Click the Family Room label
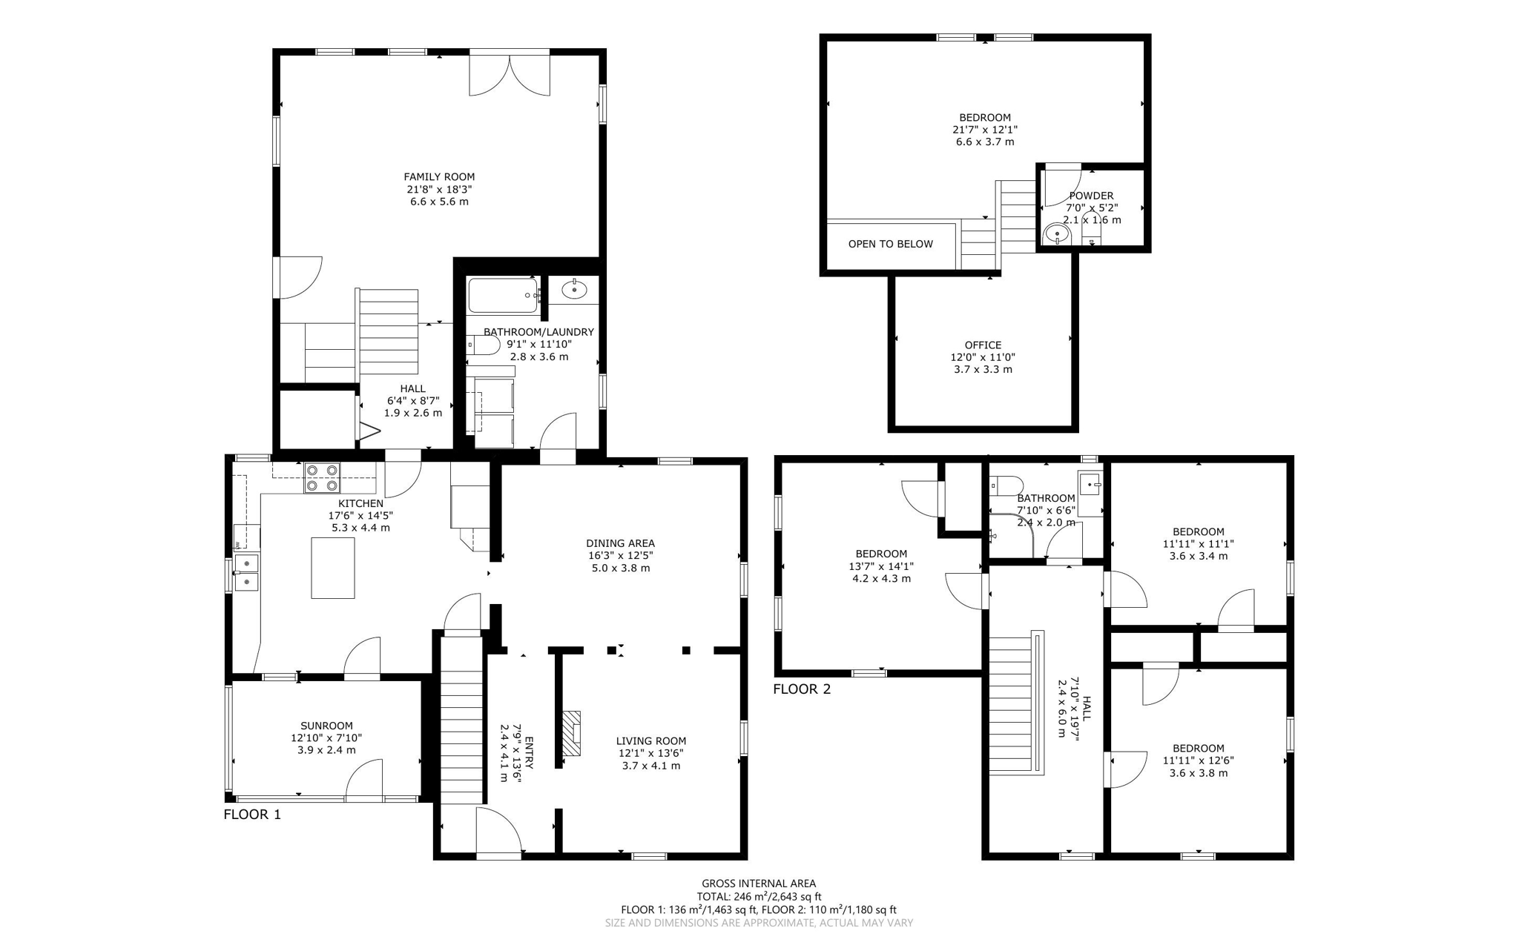(x=439, y=176)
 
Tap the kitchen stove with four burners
(x=322, y=477)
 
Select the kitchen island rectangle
(x=332, y=568)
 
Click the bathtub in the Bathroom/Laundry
(x=502, y=296)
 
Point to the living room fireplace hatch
(x=570, y=733)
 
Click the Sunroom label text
(x=326, y=726)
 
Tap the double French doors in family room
(x=510, y=73)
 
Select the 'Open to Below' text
(x=890, y=244)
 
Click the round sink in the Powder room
(x=1056, y=235)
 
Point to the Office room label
(x=983, y=345)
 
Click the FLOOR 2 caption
(x=802, y=689)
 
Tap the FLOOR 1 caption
(x=252, y=815)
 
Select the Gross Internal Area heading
(x=759, y=883)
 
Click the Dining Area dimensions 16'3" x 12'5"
(x=620, y=555)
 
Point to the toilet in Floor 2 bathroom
(x=1005, y=486)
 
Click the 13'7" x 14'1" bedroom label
(x=881, y=566)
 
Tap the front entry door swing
(x=498, y=832)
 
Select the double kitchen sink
(x=246, y=572)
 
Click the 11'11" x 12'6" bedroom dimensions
(x=1198, y=760)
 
